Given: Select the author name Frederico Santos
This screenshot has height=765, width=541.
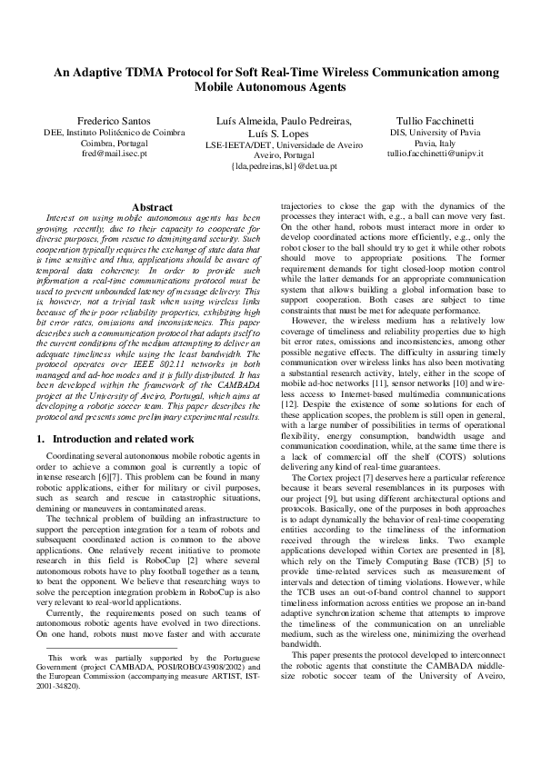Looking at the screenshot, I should click(x=107, y=121).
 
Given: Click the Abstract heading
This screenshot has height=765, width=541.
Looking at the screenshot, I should click(x=152, y=208).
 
